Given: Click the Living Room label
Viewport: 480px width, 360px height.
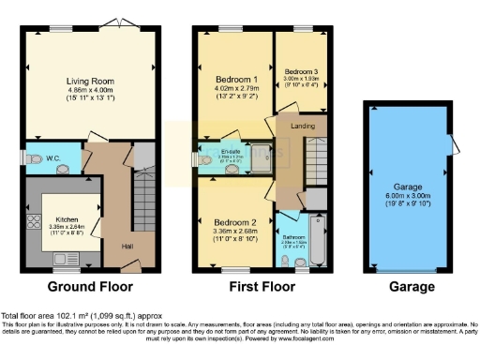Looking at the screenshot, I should tap(90, 81).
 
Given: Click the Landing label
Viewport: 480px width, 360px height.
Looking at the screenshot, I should tap(303, 126).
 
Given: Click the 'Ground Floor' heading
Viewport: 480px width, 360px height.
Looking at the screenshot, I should tap(90, 287).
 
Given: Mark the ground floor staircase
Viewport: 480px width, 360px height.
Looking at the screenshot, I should tap(143, 197).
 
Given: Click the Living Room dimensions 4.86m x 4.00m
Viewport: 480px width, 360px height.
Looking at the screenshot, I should tap(90, 91).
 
